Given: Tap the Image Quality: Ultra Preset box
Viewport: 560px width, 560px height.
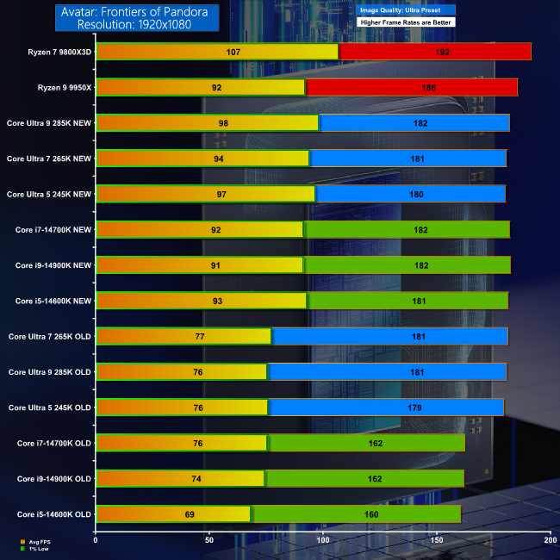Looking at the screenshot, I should (x=404, y=10).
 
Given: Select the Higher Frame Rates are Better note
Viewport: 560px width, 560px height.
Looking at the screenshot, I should (x=404, y=22).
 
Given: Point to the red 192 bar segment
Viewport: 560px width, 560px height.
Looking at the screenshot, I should (x=434, y=52).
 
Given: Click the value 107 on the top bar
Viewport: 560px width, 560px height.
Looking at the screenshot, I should (x=232, y=52).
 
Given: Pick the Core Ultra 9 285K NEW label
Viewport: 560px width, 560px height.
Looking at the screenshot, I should (x=48, y=122).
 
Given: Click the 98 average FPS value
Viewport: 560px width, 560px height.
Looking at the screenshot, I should (x=223, y=123).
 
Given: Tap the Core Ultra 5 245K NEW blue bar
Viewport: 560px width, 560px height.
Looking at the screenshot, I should (x=410, y=194).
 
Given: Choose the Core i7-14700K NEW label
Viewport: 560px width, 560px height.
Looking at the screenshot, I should (x=53, y=229).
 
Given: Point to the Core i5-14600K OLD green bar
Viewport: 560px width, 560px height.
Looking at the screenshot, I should (x=355, y=513).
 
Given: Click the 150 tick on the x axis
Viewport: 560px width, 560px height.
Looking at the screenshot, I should (x=436, y=540).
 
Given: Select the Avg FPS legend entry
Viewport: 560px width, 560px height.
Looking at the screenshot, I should (x=39, y=543).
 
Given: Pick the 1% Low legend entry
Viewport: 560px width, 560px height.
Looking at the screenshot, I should (x=38, y=549).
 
